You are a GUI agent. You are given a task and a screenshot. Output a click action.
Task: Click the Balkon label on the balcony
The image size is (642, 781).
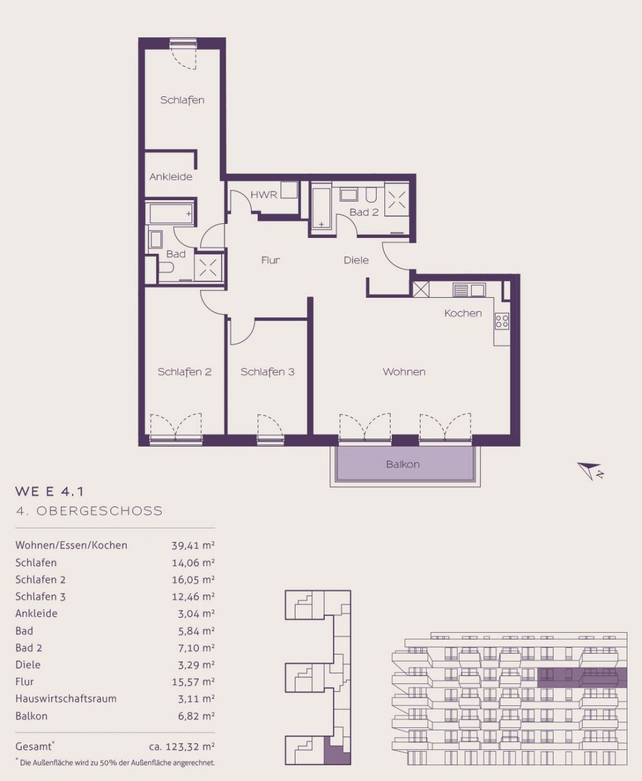403,464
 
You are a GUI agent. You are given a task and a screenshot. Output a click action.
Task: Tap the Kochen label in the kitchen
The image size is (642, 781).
463,313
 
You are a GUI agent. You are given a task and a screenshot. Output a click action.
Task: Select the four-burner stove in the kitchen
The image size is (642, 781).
502,321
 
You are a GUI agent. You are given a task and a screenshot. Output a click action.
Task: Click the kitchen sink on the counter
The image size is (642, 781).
469,290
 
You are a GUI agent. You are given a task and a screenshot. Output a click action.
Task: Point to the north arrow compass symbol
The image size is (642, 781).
590,471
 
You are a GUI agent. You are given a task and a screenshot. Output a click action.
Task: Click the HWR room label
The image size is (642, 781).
264,195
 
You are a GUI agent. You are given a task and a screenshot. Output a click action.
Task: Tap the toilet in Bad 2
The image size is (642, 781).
371,195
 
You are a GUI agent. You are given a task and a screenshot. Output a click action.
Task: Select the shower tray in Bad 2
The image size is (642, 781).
397,200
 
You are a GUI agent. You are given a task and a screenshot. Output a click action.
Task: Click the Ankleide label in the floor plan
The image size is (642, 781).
171,177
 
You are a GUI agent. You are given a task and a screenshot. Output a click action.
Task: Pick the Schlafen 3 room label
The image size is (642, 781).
267,372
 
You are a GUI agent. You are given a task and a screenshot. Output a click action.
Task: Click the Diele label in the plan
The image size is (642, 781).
356,260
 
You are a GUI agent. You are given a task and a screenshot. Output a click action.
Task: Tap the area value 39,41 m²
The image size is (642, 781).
193,545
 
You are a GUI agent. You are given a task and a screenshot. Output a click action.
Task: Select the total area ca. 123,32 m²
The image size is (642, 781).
181,747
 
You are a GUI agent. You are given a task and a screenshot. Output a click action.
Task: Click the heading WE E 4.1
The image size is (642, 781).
49,492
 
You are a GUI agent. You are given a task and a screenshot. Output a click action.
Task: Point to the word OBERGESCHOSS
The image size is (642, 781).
99,511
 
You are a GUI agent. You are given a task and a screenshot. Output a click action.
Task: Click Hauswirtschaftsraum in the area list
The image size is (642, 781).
66,699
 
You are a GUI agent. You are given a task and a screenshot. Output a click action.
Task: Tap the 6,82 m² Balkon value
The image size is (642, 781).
197,716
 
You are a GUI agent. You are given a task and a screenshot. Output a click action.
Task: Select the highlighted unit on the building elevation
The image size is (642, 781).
582,678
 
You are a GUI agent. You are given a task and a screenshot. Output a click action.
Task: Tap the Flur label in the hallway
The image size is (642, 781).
270,260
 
